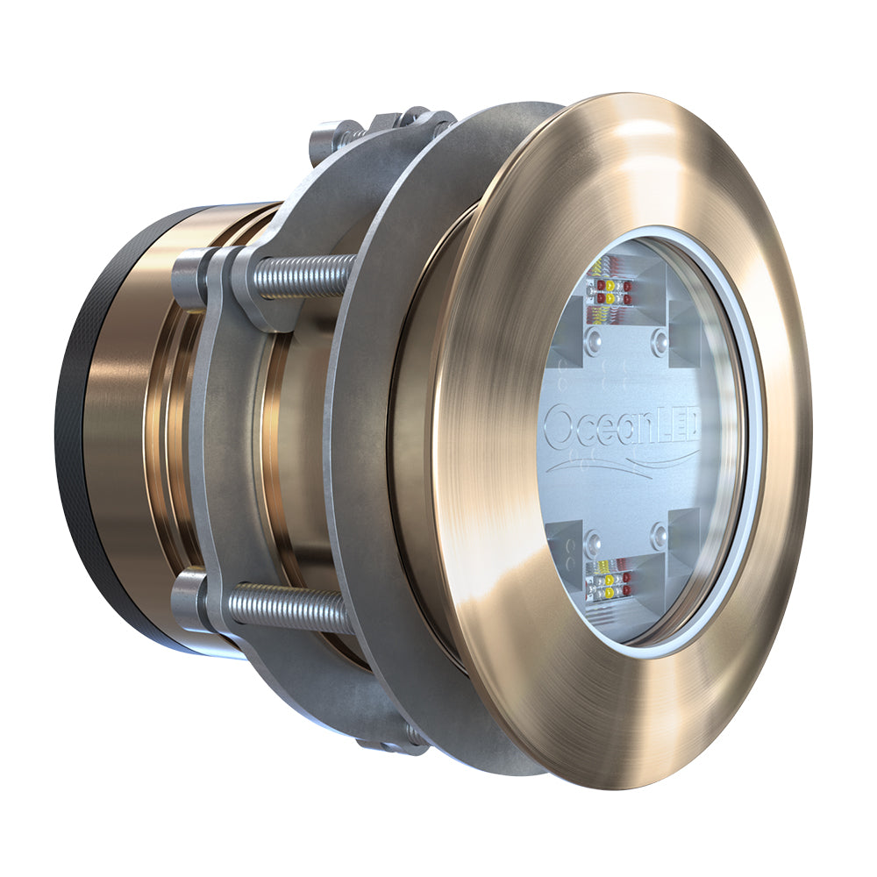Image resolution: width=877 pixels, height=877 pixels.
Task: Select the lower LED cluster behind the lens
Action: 607,580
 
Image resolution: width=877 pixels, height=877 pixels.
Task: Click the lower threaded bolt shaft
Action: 289,604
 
